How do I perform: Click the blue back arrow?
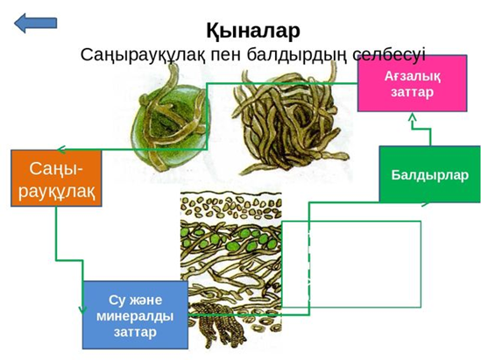pos(35,23)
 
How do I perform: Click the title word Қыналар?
pos(253,31)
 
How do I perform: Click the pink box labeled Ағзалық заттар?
pos(413,83)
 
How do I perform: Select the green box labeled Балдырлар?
pos(430,174)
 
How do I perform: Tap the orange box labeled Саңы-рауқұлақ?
pos(56,178)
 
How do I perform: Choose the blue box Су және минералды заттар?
pos(135,315)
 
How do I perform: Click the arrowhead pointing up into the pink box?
pos(413,116)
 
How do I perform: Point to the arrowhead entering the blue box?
pos(82,310)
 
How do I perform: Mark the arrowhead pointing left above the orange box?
pos(61,150)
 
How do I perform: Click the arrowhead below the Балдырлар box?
pos(426,203)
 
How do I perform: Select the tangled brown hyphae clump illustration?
pos(290,121)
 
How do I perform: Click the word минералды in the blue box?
pos(135,316)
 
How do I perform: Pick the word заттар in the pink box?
pos(413,92)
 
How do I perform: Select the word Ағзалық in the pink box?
pos(413,75)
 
